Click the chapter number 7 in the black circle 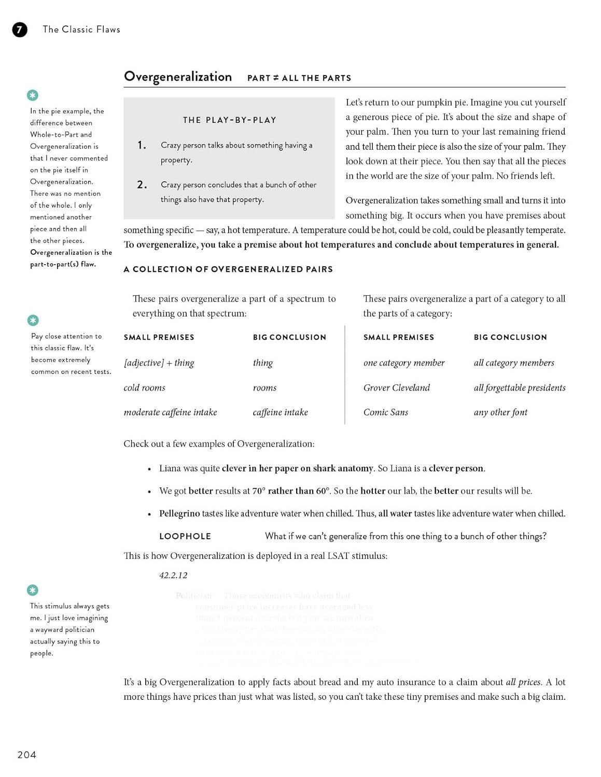click(x=19, y=30)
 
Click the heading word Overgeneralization click(x=177, y=77)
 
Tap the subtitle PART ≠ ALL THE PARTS click(x=299, y=78)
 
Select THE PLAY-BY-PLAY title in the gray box click(x=229, y=120)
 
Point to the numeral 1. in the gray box click(x=142, y=146)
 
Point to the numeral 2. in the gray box click(x=142, y=185)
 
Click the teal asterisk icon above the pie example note click(x=33, y=95)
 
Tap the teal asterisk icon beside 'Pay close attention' click(x=33, y=320)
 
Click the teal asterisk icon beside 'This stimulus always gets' click(x=33, y=590)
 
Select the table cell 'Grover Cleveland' click(x=396, y=388)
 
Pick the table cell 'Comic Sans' click(x=385, y=412)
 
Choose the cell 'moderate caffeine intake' click(x=170, y=412)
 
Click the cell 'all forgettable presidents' click(x=519, y=388)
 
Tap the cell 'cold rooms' click(x=144, y=388)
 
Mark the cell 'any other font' click(x=500, y=412)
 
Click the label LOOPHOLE click(x=185, y=536)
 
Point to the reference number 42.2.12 click(x=173, y=575)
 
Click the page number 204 click(x=27, y=755)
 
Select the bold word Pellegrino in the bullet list click(x=179, y=513)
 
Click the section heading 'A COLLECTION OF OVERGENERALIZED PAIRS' click(x=228, y=269)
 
